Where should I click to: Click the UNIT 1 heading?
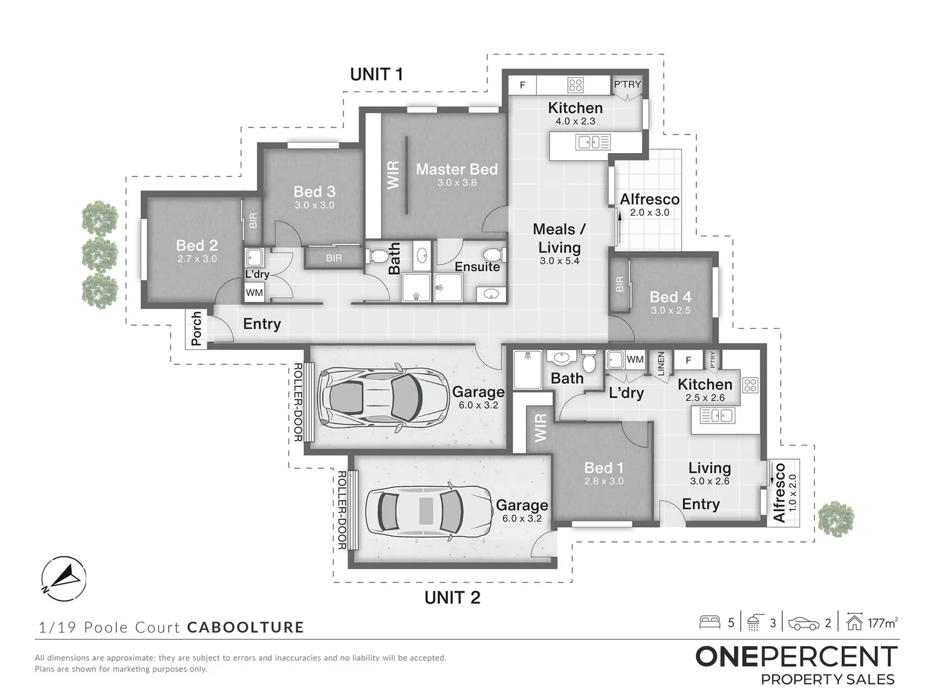[x=377, y=74]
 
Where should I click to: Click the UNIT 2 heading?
[x=453, y=597]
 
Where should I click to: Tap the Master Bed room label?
[x=456, y=169]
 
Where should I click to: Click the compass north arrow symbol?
[x=63, y=578]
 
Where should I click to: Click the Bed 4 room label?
[x=670, y=297]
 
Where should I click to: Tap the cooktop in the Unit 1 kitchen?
[x=575, y=84]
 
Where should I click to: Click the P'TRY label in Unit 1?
[x=627, y=84]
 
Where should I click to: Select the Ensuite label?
[x=477, y=266]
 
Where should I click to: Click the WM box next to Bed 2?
[x=254, y=293]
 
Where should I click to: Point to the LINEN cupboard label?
[x=660, y=364]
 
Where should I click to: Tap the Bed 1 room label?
[x=603, y=468]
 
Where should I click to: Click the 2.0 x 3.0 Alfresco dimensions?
[x=649, y=212]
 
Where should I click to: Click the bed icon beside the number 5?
[x=709, y=622]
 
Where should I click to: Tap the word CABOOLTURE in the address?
[x=245, y=627]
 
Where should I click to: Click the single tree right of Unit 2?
[x=836, y=519]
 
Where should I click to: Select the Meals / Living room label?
[x=559, y=238]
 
